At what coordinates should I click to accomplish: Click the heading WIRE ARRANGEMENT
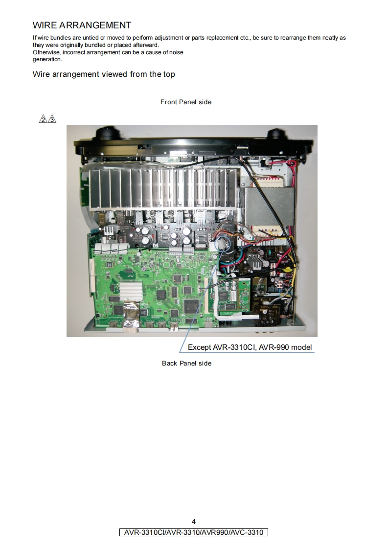[82, 25]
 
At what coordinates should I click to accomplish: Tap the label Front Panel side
[186, 102]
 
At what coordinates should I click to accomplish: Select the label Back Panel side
[186, 363]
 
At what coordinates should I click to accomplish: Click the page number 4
[194, 522]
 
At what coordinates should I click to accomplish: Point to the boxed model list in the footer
[194, 532]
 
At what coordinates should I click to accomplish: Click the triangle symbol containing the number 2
[43, 119]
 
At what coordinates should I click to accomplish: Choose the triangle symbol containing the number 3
[52, 119]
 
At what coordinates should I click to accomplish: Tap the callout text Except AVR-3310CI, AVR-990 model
[250, 347]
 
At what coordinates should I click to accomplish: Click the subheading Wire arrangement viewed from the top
[104, 74]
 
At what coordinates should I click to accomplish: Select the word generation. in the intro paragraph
[47, 60]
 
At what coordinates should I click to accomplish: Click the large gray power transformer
[269, 207]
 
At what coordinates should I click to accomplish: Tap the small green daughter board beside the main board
[234, 295]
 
